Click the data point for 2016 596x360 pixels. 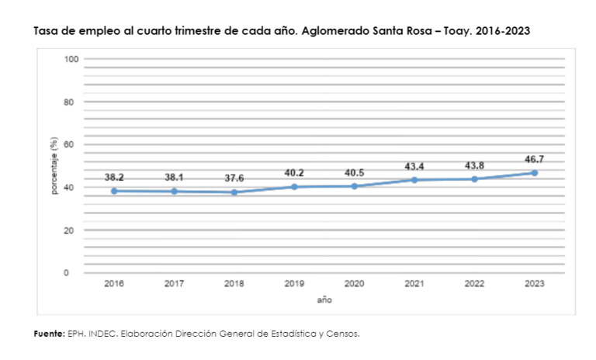point(114,191)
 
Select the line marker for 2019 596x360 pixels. point(294,187)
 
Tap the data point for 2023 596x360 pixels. point(535,173)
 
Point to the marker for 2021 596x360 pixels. point(414,180)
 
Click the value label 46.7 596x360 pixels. point(534,159)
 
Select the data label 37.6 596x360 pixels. point(234,178)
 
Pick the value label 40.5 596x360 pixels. point(354,173)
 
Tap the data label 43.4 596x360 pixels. point(414,167)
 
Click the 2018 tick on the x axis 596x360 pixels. point(234,285)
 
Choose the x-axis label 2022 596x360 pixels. point(474,285)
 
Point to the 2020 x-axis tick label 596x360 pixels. point(354,285)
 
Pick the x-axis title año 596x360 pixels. point(324,299)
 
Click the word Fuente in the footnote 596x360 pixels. point(48,334)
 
